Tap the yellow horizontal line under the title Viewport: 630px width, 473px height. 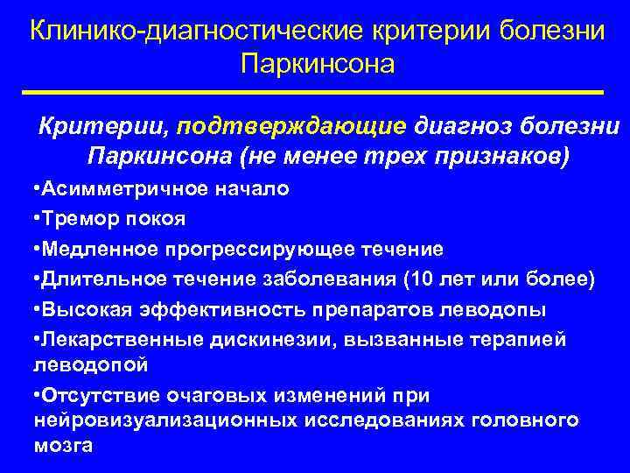(315, 91)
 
